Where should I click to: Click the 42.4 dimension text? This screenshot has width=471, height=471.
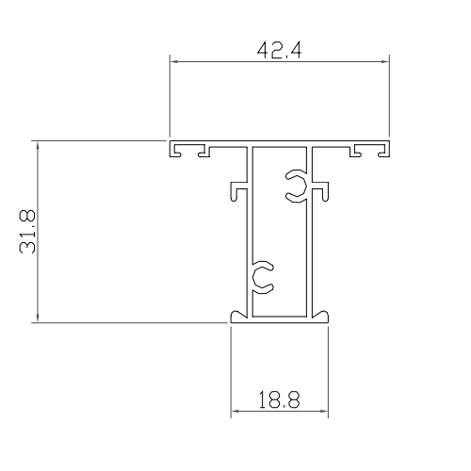[x=279, y=46]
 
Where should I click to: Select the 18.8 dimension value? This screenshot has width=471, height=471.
[x=279, y=400]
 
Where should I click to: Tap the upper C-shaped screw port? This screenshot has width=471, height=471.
[x=296, y=185]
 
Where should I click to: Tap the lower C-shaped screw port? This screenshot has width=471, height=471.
[x=262, y=274]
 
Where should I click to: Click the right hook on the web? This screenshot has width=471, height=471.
[x=323, y=191]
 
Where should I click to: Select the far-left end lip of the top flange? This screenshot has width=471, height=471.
[x=172, y=150]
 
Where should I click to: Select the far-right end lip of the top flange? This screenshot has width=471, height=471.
[x=386, y=150]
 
